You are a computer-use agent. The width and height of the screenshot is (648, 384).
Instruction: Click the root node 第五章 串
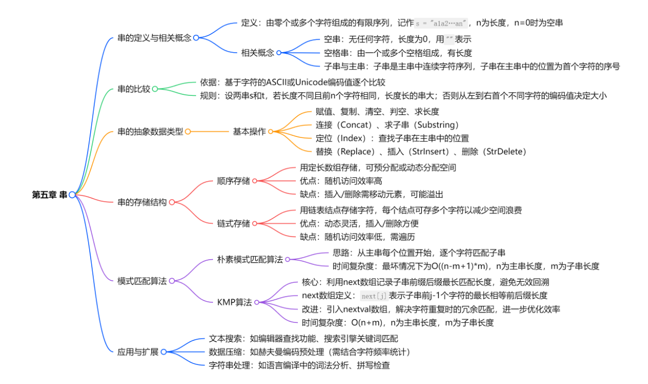pos(49,195)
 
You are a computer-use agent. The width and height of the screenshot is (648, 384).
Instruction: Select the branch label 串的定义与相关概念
pos(154,38)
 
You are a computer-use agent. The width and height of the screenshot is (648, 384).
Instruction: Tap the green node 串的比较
pos(133,89)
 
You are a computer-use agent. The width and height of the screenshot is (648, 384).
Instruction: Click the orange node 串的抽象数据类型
pos(150,132)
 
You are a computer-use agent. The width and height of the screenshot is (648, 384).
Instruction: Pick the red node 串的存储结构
pos(142,202)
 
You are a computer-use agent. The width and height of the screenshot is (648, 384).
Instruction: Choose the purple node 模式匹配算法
pos(142,281)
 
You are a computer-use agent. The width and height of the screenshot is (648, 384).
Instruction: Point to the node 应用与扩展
pos(138,352)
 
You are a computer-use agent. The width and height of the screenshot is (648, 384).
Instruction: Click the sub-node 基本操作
pos(249,132)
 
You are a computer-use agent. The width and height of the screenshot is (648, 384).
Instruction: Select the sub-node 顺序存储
pos(233,181)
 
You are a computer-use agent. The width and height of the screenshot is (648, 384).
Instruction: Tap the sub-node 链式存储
pos(233,223)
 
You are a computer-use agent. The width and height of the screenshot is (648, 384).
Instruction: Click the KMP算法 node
pos(234,302)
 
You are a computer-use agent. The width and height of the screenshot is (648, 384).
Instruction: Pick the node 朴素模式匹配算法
pos(250,259)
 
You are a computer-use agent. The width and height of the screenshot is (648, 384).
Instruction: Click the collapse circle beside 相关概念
pos(279,53)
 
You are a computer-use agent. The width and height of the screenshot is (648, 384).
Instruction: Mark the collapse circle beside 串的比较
pos(155,89)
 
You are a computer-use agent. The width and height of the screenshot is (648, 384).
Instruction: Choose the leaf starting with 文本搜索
pos(303,339)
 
